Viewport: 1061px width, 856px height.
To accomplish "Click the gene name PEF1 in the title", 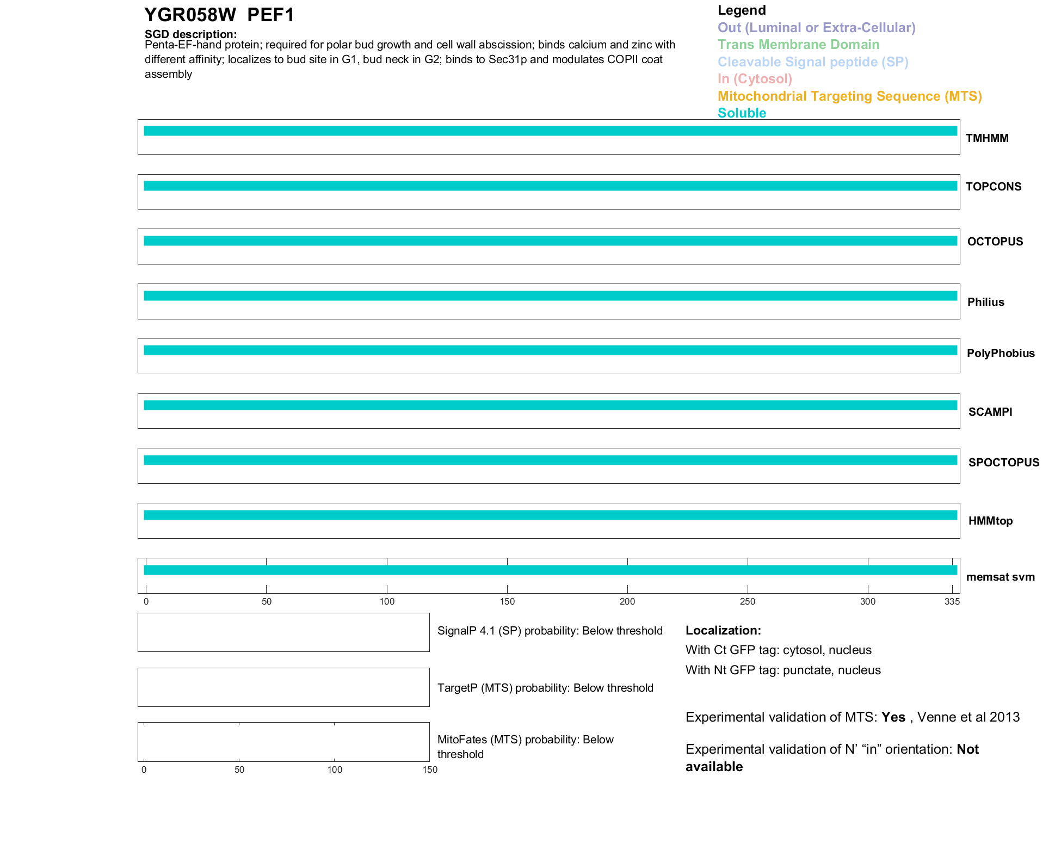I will (x=270, y=15).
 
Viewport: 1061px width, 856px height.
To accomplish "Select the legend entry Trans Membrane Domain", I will (x=798, y=45).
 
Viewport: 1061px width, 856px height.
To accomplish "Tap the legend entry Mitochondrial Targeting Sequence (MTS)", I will (x=849, y=96).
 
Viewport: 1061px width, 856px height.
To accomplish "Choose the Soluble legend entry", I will (x=742, y=113).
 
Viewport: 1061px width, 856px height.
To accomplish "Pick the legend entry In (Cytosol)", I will (x=755, y=79).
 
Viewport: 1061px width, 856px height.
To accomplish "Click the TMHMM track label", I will (x=987, y=138).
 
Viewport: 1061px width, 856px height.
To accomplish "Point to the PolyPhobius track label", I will (x=1001, y=353).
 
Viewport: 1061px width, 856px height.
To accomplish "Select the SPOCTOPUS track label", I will (x=1003, y=463).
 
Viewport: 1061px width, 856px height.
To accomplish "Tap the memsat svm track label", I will (x=1000, y=577).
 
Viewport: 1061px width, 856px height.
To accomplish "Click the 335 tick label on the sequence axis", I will (x=952, y=601).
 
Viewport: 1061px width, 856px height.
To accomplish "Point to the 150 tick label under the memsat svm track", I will (x=507, y=601).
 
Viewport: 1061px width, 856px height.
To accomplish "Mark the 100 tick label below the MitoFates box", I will (x=335, y=769).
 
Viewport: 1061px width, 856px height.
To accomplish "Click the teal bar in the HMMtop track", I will (x=550, y=515).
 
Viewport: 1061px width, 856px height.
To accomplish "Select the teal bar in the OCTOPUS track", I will (x=550, y=241).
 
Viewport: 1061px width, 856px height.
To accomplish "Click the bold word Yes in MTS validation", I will (x=893, y=717).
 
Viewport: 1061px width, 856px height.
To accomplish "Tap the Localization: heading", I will (x=723, y=630).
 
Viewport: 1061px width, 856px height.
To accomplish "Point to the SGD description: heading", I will (x=190, y=34).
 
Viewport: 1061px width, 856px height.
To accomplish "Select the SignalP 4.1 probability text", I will (x=550, y=631).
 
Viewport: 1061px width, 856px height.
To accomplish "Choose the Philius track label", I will (x=985, y=302).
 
